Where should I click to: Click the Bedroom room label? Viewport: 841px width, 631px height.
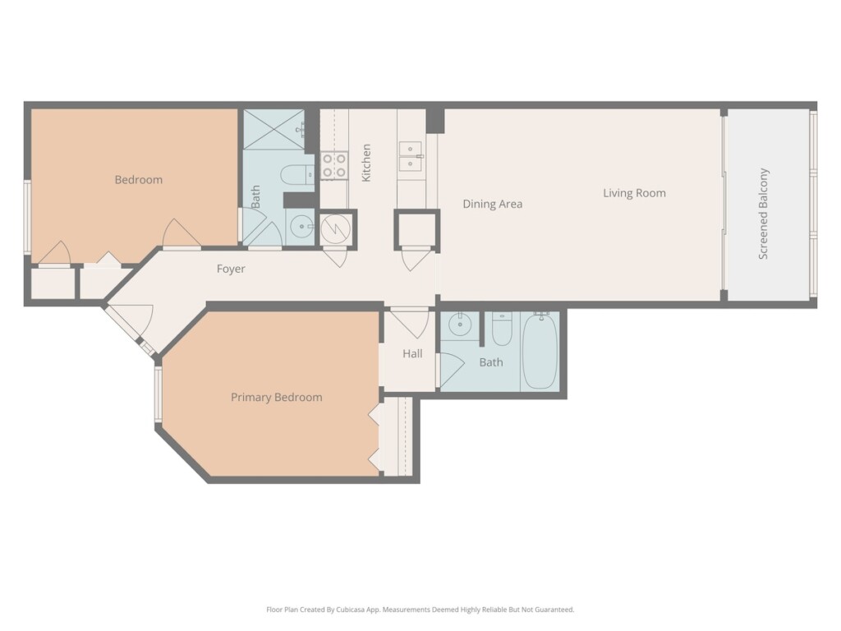(138, 180)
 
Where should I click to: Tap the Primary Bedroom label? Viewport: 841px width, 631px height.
(276, 398)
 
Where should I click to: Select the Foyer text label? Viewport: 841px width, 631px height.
(231, 269)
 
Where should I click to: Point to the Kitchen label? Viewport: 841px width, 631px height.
(366, 163)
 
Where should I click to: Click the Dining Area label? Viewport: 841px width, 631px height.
(493, 204)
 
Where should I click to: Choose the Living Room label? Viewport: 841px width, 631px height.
(635, 193)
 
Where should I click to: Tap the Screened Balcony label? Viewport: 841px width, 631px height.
(763, 214)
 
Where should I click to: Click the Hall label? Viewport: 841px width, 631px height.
(412, 353)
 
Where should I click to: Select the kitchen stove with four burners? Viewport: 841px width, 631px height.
(334, 165)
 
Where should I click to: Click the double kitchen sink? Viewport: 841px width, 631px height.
(411, 156)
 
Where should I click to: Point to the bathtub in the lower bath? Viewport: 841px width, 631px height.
(540, 351)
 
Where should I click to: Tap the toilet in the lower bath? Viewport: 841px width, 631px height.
(502, 329)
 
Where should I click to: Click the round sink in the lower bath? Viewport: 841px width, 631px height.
(460, 324)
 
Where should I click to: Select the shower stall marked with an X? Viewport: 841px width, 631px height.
(274, 129)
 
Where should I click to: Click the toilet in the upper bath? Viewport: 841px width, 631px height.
(297, 174)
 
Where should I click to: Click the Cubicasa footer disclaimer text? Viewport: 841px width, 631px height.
(420, 610)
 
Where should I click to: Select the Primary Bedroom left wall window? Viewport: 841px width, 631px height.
(159, 394)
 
